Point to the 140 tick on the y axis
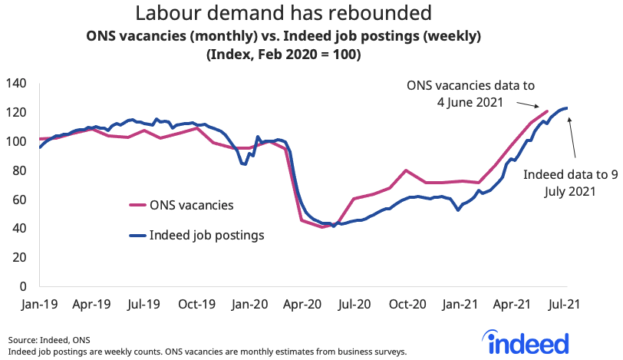[16, 83]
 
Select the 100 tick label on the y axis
[16, 141]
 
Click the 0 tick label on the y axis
[23, 286]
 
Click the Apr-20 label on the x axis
[301, 304]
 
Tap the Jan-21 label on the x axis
[459, 304]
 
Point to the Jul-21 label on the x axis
[563, 304]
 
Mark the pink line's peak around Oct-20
[406, 170]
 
